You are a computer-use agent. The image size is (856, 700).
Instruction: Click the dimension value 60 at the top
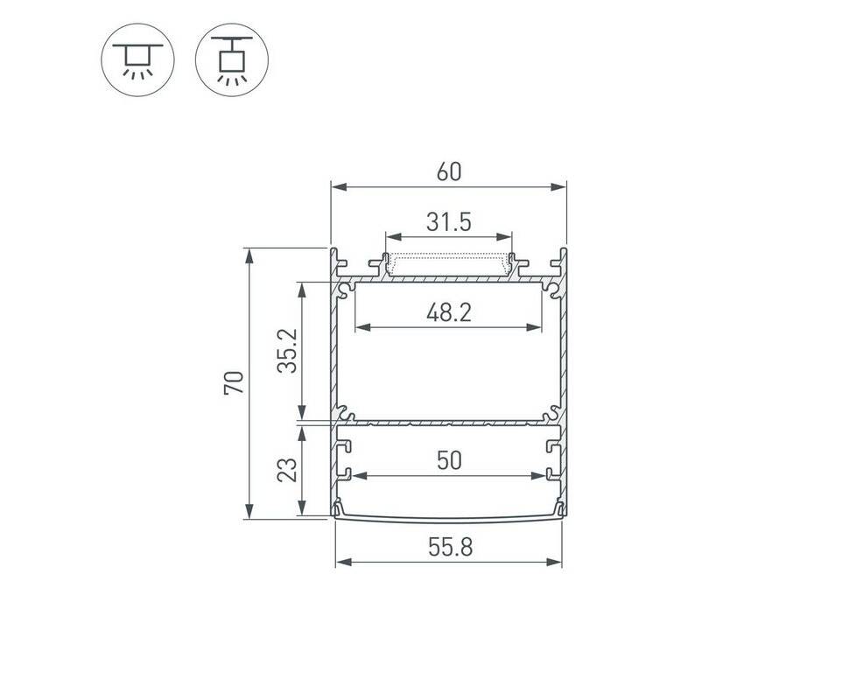click(449, 171)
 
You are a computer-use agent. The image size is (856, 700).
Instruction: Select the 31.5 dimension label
click(449, 222)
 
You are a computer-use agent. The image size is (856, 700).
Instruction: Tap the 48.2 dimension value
click(449, 312)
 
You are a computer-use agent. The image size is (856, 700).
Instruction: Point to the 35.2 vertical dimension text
click(287, 351)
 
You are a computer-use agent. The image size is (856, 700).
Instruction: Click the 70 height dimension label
click(234, 382)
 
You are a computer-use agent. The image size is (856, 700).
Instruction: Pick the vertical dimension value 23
click(287, 470)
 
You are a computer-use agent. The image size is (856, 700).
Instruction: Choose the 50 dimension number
click(449, 461)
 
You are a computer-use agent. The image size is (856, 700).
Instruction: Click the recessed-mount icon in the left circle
click(137, 59)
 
